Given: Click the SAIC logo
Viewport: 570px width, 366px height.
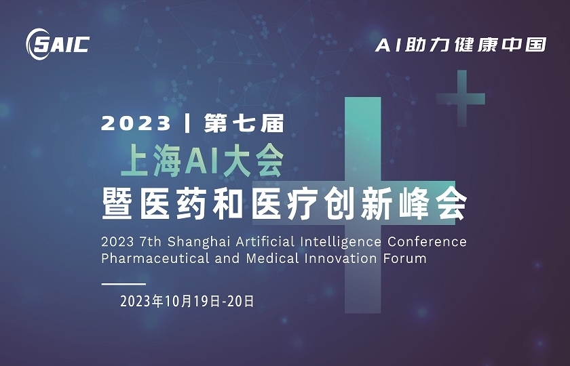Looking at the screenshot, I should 57,43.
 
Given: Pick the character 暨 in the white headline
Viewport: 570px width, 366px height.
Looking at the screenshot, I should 117,203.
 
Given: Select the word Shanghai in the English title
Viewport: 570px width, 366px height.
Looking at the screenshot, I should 197,242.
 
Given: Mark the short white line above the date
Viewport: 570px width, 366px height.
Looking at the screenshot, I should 123,284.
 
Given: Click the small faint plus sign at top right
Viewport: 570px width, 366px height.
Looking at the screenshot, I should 461,97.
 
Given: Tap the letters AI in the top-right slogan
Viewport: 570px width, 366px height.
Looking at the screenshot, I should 387,45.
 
